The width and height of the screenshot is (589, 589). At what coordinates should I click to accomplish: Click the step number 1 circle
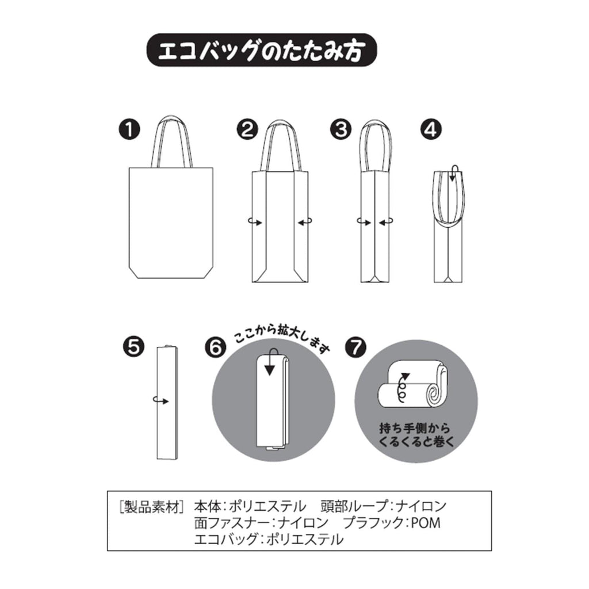click(x=129, y=129)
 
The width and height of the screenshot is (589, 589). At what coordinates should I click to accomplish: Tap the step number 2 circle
click(x=247, y=129)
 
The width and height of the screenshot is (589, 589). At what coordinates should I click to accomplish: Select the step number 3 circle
click(x=341, y=129)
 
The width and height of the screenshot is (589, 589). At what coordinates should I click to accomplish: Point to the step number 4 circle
click(x=431, y=129)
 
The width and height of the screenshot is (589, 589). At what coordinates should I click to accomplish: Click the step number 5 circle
click(x=133, y=346)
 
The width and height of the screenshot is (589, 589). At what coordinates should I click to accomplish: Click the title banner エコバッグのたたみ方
click(x=262, y=51)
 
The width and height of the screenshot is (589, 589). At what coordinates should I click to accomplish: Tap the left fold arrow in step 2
click(x=255, y=223)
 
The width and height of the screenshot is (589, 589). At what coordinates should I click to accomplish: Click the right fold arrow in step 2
click(x=305, y=223)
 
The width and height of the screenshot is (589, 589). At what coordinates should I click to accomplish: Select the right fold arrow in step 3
click(x=386, y=223)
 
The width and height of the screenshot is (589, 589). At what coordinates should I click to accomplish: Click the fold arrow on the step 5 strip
click(x=161, y=400)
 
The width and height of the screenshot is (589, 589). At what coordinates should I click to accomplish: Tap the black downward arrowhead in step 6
click(x=270, y=370)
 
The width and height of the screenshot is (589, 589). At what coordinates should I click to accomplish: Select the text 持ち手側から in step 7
click(x=414, y=428)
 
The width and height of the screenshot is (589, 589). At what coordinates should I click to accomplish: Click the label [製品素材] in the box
click(x=151, y=507)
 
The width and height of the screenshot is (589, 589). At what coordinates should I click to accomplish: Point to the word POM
click(x=426, y=523)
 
